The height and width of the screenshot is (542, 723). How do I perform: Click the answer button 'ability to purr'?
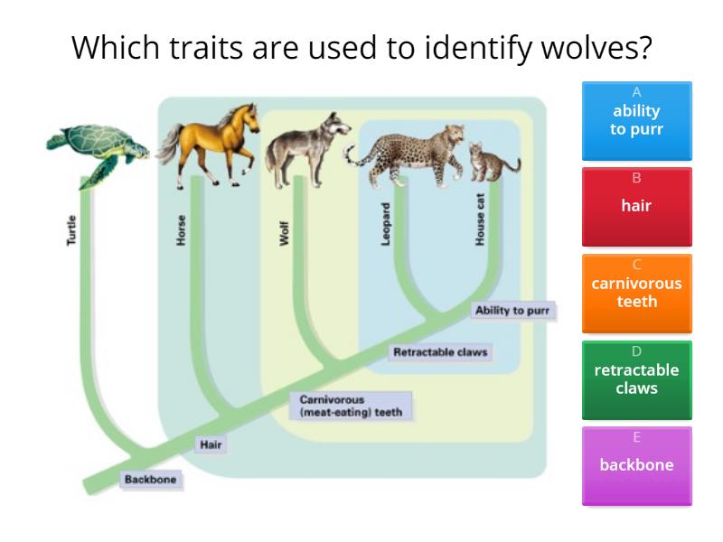coord(636,119)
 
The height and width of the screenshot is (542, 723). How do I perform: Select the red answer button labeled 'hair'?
coord(636,206)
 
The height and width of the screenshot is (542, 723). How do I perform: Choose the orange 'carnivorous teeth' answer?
coord(636,293)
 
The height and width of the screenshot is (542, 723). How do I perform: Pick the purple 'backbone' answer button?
coord(636,465)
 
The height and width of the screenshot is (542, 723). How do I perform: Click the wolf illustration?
coord(307,149)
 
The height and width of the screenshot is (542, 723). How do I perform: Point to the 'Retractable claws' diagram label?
coord(442,352)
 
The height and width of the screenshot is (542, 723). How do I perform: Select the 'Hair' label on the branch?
coord(211,444)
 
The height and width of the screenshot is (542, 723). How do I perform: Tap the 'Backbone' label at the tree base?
coord(150,480)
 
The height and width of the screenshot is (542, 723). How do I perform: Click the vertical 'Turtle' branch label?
coord(73,231)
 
